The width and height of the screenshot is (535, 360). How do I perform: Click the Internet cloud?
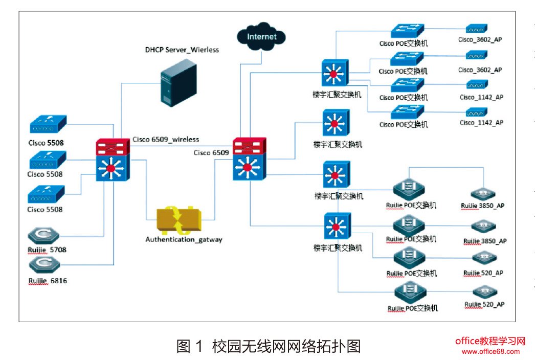[261, 37]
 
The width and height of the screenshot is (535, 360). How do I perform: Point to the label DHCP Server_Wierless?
[182, 50]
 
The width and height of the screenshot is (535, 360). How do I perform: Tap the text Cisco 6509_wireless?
[166, 139]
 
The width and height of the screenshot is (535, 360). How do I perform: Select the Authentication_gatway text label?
[184, 239]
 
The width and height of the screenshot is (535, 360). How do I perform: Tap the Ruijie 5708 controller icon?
[44, 235]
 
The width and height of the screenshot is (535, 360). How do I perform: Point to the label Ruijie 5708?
[47, 250]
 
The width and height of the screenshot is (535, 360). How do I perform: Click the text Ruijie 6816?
[48, 281]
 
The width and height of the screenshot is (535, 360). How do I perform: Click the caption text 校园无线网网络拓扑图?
[286, 346]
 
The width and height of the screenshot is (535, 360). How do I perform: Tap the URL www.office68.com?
[490, 351]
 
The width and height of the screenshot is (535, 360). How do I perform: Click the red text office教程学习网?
[490, 341]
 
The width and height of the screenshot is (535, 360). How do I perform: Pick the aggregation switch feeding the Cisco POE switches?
[336, 73]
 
